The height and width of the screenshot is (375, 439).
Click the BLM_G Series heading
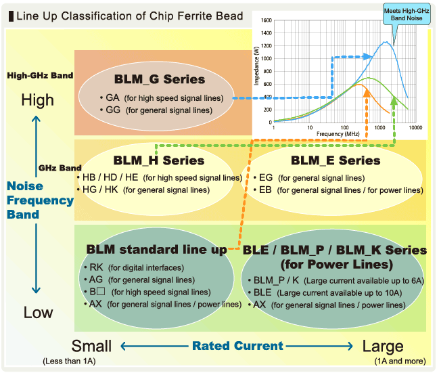click(160, 79)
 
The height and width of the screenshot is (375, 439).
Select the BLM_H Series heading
click(159, 160)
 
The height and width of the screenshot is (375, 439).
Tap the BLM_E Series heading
click(336, 160)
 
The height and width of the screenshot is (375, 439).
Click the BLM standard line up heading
click(157, 249)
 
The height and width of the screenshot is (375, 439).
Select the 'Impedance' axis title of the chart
click(257, 71)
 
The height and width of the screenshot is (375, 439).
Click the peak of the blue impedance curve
click(386, 42)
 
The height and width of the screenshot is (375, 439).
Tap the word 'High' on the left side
click(38, 100)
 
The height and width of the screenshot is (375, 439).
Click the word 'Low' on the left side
click(38, 313)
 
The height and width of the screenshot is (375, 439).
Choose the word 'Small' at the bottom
click(91, 346)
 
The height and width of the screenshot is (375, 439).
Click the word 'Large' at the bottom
click(383, 346)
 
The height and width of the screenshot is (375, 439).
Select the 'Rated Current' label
click(237, 346)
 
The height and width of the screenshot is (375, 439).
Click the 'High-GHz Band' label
click(40, 76)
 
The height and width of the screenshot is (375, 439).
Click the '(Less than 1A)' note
click(69, 361)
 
